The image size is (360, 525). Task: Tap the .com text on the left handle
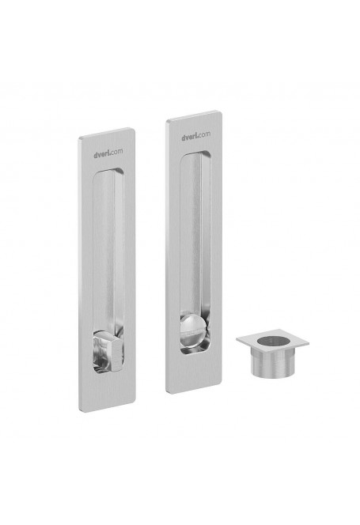click(x=116, y=151)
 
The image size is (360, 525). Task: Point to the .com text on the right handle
click(x=204, y=134)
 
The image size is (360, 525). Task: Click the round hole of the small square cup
click(x=274, y=341)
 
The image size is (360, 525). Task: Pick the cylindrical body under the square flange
click(x=272, y=364)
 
